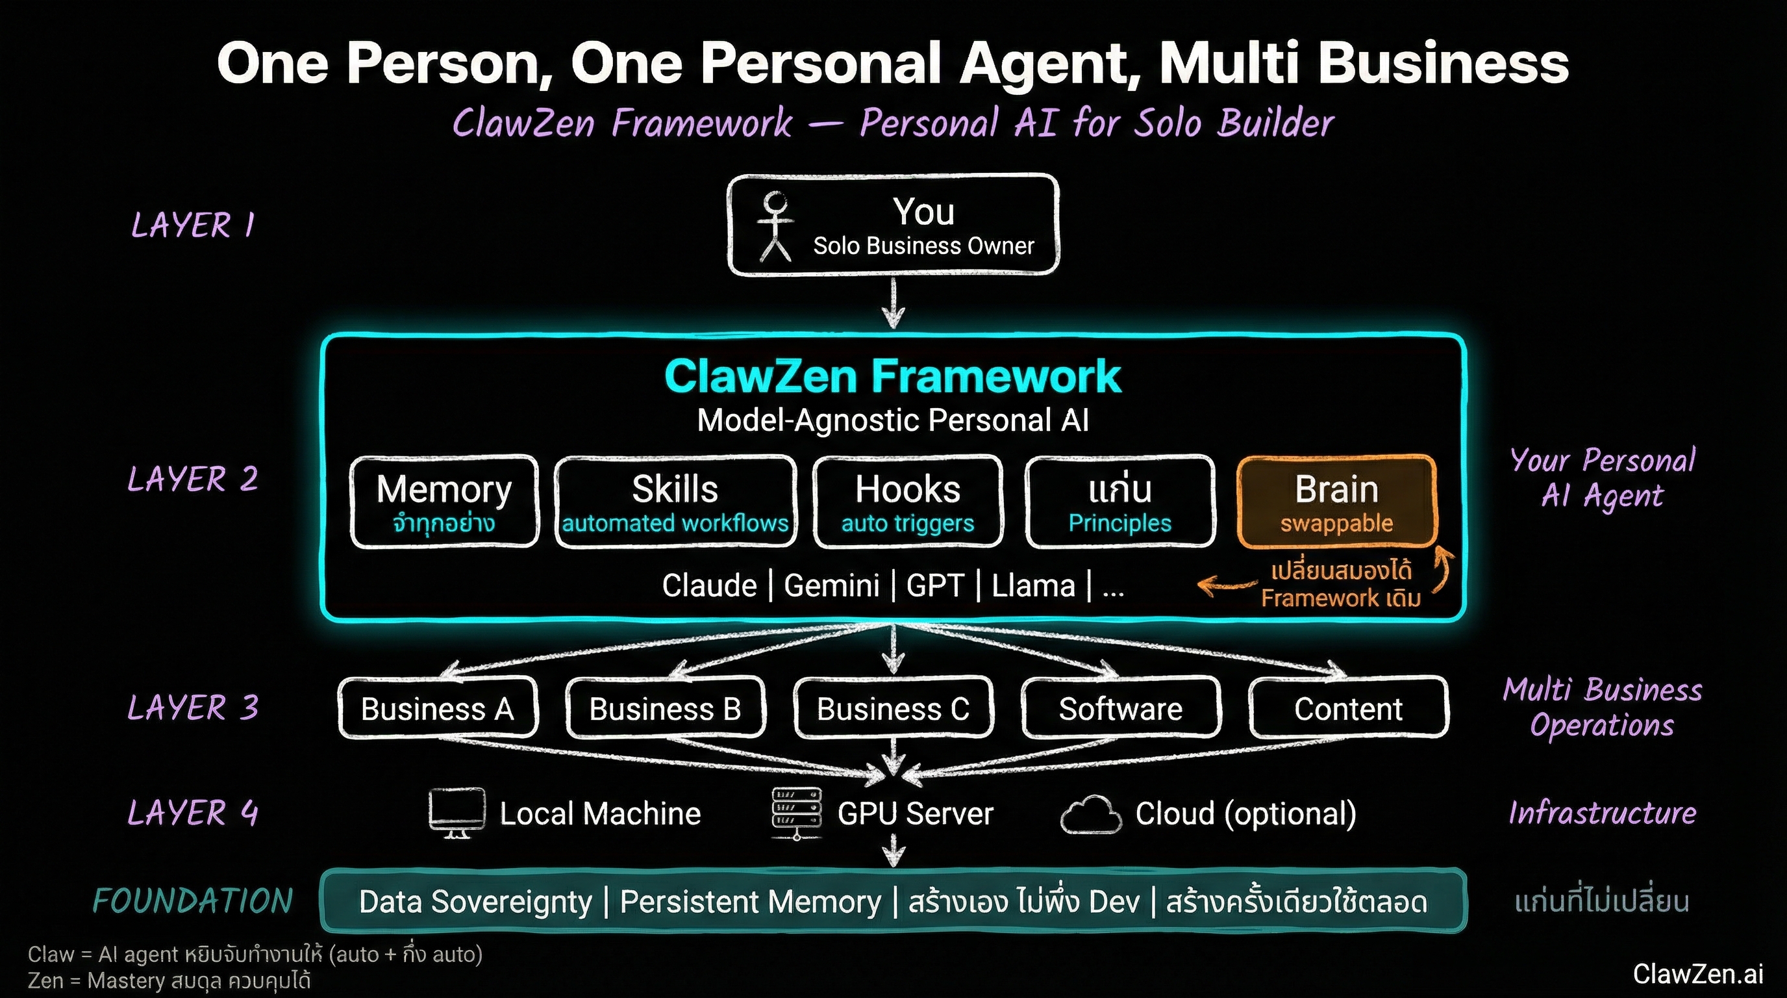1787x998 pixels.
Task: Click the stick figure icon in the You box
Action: (x=775, y=226)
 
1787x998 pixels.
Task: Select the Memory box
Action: (x=444, y=501)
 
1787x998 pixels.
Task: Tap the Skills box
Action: (x=675, y=501)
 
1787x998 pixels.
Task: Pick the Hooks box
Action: (x=907, y=501)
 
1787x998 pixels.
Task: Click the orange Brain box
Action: (x=1336, y=501)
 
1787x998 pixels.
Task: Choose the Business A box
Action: (x=438, y=709)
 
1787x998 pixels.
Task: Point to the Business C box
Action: (x=893, y=709)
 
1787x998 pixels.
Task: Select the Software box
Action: (x=1120, y=709)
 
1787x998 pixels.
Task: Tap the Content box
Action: (x=1348, y=709)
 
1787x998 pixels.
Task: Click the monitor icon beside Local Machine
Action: (x=456, y=813)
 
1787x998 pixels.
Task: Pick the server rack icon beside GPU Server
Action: (x=796, y=813)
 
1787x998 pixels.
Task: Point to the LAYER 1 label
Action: (x=193, y=225)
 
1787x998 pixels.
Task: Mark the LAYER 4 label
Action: (x=193, y=813)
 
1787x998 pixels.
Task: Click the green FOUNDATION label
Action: (x=193, y=901)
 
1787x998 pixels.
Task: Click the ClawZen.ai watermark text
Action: (x=1697, y=974)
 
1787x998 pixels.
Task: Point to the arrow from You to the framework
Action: (x=893, y=303)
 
